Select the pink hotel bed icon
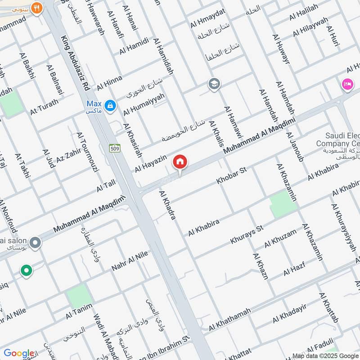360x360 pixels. point(346,84)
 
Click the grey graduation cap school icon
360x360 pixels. point(214,84)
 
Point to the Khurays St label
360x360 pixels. point(246,235)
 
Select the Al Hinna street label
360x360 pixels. point(109,82)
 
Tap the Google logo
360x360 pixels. point(18,353)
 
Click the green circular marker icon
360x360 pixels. point(26,270)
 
